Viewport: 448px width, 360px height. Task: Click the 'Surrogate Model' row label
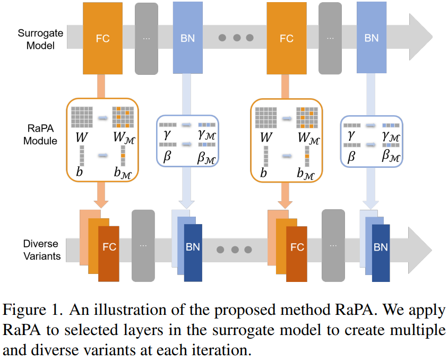point(40,39)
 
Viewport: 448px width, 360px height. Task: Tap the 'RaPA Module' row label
point(40,134)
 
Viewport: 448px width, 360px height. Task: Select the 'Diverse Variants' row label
point(42,250)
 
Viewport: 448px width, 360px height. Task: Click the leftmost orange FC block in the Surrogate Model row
point(102,38)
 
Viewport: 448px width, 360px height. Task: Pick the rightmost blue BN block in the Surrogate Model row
point(372,37)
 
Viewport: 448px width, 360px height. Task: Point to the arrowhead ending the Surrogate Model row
point(420,37)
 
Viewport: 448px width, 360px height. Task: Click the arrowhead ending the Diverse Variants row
point(420,250)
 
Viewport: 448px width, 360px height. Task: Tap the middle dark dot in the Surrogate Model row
point(237,37)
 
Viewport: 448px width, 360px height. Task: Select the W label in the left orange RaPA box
point(82,137)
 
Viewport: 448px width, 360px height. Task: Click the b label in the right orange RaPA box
point(263,172)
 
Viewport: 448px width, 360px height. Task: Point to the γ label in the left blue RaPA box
point(167,134)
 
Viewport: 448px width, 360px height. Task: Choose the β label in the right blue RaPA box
point(351,157)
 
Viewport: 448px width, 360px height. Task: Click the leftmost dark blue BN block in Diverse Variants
point(193,253)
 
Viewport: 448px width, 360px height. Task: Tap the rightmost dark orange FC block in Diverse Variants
point(297,254)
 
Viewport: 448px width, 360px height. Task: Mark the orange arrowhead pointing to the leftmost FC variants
point(101,204)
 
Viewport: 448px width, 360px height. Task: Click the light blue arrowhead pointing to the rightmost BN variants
point(371,204)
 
